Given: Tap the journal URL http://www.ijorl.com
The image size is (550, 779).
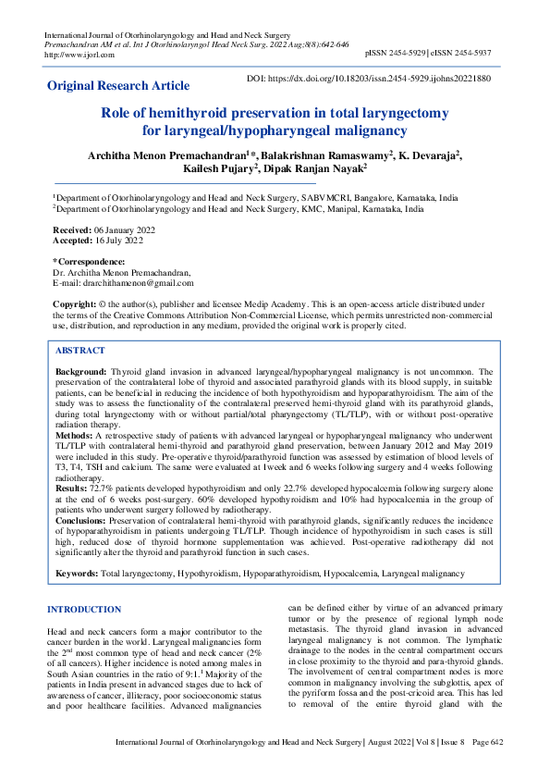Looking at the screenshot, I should [x=79, y=55].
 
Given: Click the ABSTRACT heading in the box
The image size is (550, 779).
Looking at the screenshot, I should [x=80, y=351].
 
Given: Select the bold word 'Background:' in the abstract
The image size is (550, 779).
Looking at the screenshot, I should [x=81, y=370].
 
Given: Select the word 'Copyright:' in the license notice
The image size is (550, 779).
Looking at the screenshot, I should [x=76, y=304].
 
